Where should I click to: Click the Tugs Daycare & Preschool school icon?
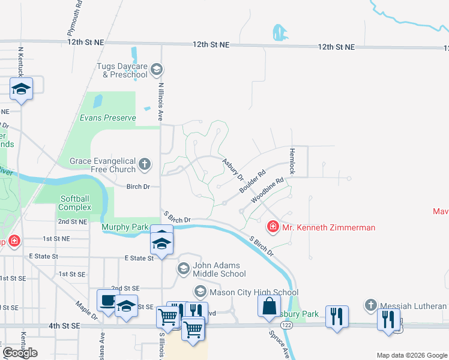pyautogui.click(x=157, y=70)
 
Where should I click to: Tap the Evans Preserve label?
pyautogui.click(x=108, y=118)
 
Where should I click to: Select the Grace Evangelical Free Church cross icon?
pyautogui.click(x=145, y=164)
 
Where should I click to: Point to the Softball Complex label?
pyautogui.click(x=75, y=203)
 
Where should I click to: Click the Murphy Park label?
pyautogui.click(x=125, y=227)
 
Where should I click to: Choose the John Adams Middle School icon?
pyautogui.click(x=184, y=269)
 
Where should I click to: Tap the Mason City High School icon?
pyautogui.click(x=200, y=292)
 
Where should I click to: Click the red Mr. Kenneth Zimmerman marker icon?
pyautogui.click(x=273, y=227)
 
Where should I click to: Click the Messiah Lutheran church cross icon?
pyautogui.click(x=372, y=305)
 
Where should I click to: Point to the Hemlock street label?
pyautogui.click(x=292, y=161)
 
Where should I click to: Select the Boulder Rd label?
pyautogui.click(x=252, y=182)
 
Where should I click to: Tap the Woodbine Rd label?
pyautogui.click(x=267, y=189)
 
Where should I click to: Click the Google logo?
pyautogui.click(x=20, y=353)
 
